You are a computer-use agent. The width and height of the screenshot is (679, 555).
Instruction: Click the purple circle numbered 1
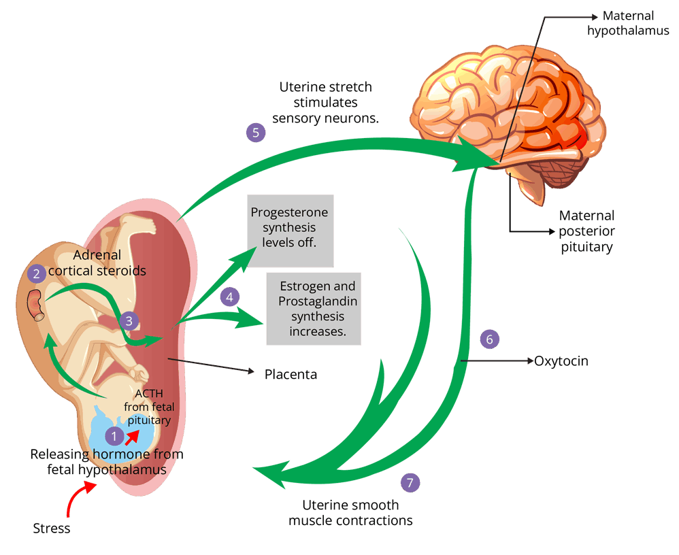(x=114, y=435)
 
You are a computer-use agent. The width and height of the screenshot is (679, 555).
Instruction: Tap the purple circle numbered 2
(x=37, y=274)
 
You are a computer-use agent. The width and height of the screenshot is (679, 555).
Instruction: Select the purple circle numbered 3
(x=128, y=320)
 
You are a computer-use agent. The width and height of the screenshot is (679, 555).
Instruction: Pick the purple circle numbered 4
(x=230, y=297)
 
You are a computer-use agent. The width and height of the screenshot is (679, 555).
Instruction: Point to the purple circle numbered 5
(x=255, y=132)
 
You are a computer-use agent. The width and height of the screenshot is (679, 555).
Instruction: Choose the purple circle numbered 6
(x=489, y=339)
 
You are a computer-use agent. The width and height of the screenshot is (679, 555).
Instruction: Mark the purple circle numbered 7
(x=410, y=483)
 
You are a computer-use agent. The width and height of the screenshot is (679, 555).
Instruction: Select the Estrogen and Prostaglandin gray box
(x=313, y=309)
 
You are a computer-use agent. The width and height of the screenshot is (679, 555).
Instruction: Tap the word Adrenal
(x=97, y=256)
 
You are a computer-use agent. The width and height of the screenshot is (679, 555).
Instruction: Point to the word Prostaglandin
(x=318, y=301)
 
